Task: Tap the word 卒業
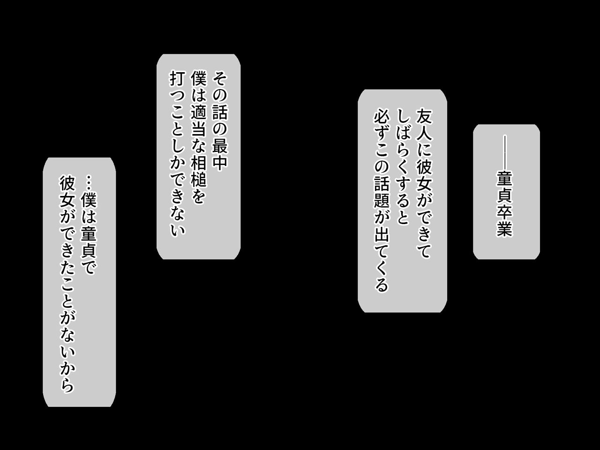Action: [504, 220]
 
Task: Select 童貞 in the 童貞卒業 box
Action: [504, 187]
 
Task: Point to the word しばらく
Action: [402, 142]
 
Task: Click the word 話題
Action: [381, 192]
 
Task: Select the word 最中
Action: [220, 154]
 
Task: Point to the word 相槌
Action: [199, 171]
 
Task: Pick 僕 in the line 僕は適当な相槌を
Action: [199, 79]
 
